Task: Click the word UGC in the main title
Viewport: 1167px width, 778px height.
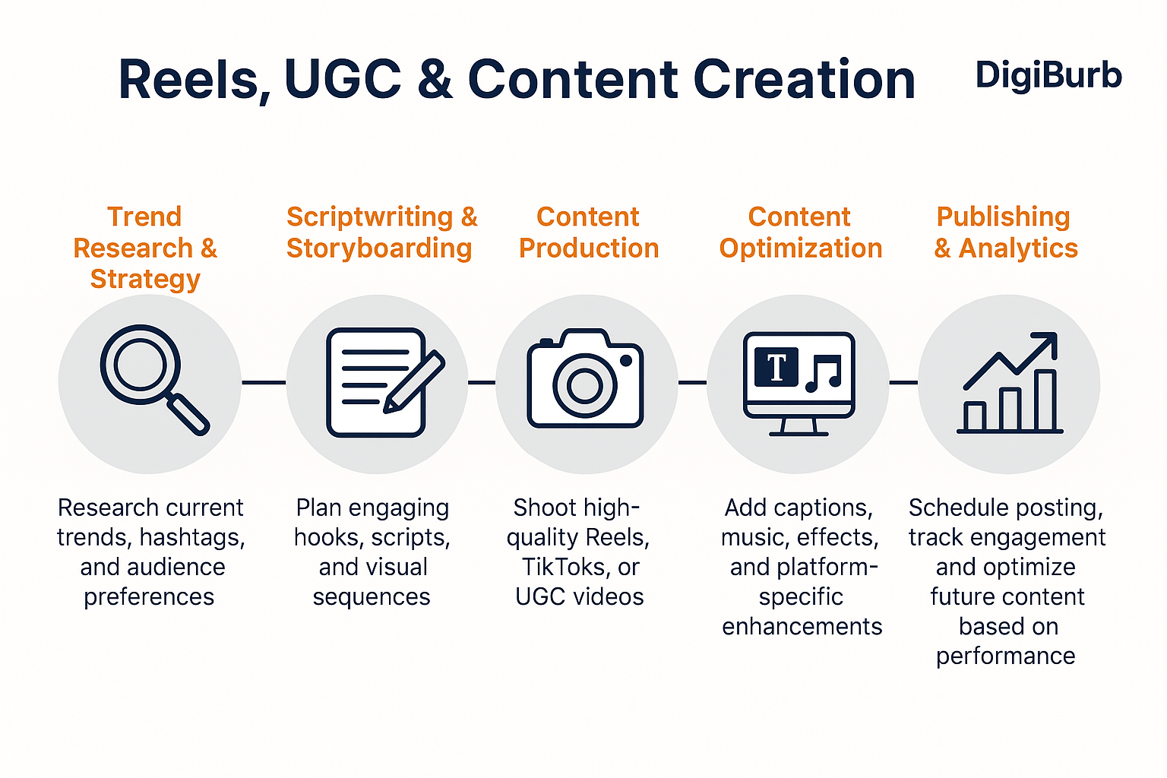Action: click(x=343, y=79)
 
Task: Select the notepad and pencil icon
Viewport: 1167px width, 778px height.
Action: click(x=385, y=382)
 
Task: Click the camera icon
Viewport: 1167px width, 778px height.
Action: click(x=585, y=378)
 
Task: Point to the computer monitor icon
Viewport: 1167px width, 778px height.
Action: click(x=799, y=383)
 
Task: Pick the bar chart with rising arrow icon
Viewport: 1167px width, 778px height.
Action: click(x=1010, y=382)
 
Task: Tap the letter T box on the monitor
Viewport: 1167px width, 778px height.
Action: click(x=776, y=367)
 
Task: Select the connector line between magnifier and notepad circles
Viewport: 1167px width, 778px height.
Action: click(x=264, y=382)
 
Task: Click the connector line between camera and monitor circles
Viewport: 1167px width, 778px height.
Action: click(x=692, y=382)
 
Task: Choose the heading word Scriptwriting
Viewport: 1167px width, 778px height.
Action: click(x=370, y=217)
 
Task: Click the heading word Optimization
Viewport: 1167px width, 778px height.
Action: click(x=801, y=248)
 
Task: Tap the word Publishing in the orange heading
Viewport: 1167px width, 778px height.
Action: click(x=1003, y=217)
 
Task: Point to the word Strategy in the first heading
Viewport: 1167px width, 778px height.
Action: click(x=145, y=280)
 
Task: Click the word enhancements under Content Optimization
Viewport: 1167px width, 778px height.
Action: click(x=802, y=626)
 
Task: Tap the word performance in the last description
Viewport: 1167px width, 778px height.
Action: click(x=1005, y=656)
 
